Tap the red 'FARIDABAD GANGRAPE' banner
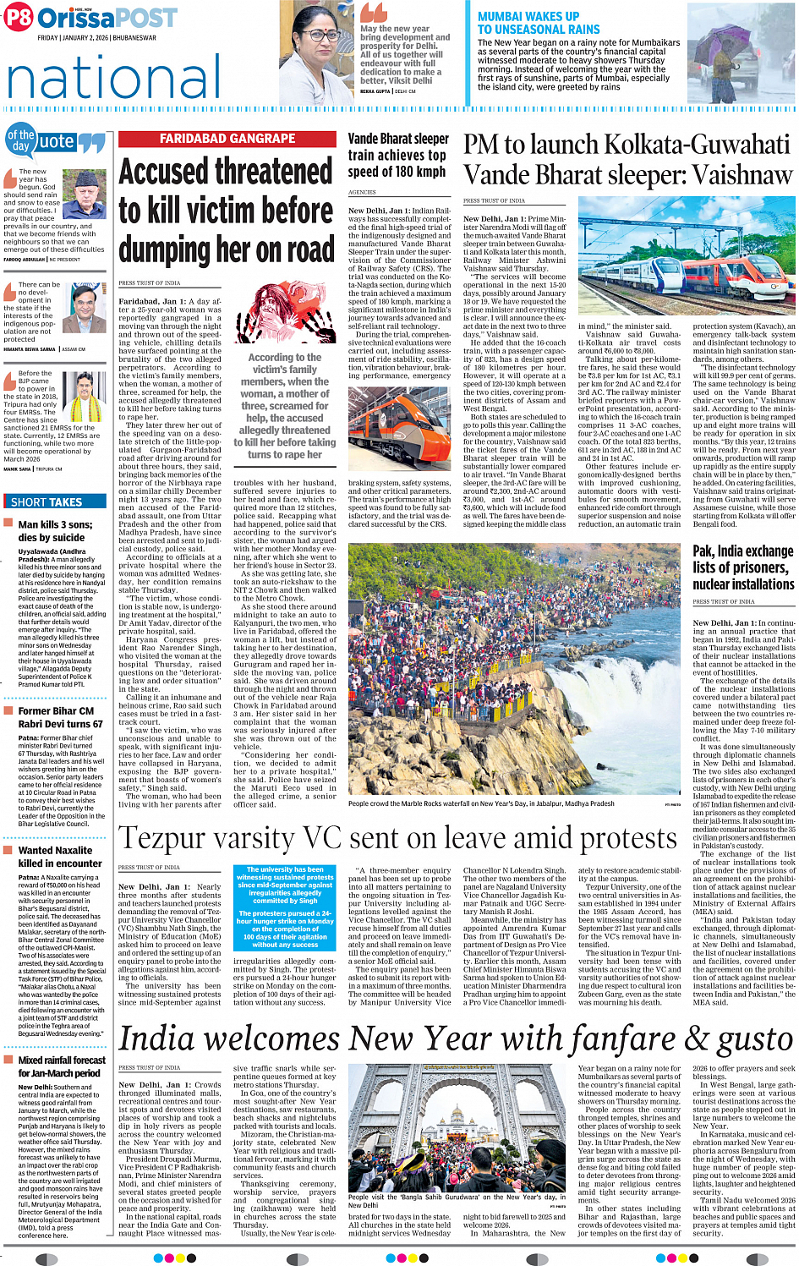tap(227, 139)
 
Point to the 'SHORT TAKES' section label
tap(47, 501)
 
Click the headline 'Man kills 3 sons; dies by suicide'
tap(55, 530)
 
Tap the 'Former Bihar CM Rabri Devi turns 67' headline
tap(61, 717)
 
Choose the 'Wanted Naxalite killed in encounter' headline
tap(60, 857)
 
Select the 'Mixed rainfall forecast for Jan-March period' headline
tap(62, 1066)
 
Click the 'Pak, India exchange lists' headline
tap(743, 567)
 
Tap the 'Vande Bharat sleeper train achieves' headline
tap(397, 155)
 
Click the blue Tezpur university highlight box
tap(285, 907)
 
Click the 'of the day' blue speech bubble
tap(21, 140)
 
